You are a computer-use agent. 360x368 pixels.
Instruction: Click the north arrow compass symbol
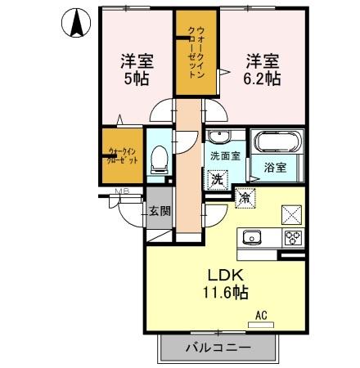point(76,23)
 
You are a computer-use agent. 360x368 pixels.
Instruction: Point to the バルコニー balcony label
point(217,348)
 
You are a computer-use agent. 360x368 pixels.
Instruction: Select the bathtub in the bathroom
point(277,141)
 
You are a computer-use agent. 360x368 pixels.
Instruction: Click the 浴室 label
point(275,168)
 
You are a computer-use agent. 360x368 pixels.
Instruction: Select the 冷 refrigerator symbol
point(245,196)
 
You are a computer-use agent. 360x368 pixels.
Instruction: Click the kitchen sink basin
point(252,238)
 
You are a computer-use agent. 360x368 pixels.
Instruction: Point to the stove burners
point(291,238)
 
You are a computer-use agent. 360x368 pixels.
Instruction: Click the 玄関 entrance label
point(160,211)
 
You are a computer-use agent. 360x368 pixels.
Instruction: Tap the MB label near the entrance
point(122,193)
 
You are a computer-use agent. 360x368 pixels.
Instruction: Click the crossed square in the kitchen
point(292,214)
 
